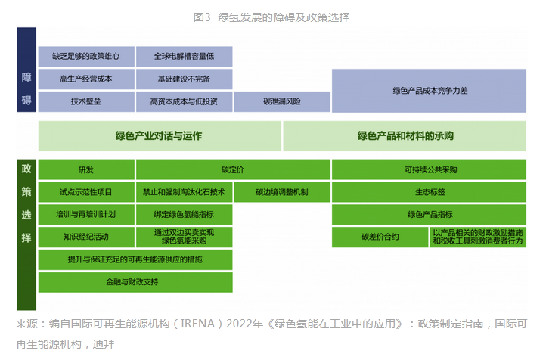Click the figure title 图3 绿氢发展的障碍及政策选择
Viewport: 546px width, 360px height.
[272, 17]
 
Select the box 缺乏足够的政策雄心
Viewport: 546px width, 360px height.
[86, 57]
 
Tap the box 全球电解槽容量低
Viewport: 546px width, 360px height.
[184, 57]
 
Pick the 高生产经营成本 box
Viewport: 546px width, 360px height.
[86, 79]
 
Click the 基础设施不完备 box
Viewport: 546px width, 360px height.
[184, 79]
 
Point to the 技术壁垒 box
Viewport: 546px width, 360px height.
[86, 101]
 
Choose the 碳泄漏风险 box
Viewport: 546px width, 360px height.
[281, 101]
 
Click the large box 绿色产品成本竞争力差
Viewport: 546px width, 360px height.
[429, 90]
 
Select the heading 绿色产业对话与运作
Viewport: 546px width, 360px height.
[159, 136]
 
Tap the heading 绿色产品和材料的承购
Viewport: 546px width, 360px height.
[405, 136]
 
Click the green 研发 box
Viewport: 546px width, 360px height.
[86, 169]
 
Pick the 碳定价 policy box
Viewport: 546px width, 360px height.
[233, 169]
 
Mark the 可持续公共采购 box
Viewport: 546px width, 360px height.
[429, 169]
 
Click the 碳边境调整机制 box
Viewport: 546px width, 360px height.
[281, 192]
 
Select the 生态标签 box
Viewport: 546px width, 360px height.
[429, 192]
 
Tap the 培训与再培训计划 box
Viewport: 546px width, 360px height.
[86, 215]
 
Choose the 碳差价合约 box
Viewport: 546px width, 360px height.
[380, 237]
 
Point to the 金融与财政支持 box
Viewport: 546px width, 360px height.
[135, 283]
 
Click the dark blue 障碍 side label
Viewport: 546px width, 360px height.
[26, 89]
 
